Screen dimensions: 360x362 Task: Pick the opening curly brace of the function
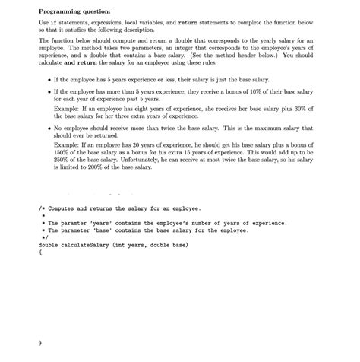click(40, 252)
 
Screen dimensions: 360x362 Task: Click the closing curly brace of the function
click(40, 343)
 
